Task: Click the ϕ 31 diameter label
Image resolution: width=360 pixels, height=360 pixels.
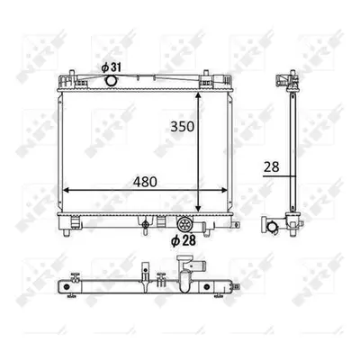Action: tap(111, 67)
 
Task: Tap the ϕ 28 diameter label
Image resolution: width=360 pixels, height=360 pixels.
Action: tap(184, 240)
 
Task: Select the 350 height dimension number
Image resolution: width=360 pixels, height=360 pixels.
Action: tap(183, 127)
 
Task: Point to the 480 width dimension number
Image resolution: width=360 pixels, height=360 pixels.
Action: tap(145, 182)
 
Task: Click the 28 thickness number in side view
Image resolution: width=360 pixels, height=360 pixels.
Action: tap(272, 166)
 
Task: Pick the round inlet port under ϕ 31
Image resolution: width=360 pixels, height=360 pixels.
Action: tap(111, 80)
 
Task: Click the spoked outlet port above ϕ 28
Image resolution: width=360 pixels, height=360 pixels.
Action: tap(184, 224)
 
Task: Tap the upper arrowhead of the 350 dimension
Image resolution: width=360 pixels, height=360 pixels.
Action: tap(198, 95)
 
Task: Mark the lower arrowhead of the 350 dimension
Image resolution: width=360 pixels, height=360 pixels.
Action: tap(198, 208)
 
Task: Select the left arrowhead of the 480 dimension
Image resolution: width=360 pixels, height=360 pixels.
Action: tap(66, 190)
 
